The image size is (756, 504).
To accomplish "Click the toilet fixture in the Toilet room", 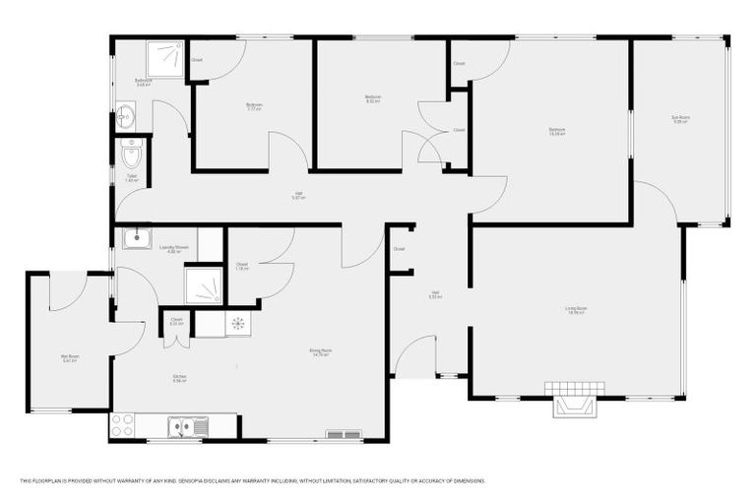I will (x=132, y=155).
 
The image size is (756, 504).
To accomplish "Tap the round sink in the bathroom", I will (x=125, y=117).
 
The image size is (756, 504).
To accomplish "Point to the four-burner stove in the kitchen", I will (x=122, y=425).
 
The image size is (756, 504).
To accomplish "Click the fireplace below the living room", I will (x=574, y=402).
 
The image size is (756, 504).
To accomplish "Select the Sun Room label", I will (x=680, y=119).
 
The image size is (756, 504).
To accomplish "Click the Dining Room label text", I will (x=320, y=351).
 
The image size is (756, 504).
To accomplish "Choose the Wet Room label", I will (x=68, y=360).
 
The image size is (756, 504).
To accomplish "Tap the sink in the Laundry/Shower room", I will (x=136, y=238).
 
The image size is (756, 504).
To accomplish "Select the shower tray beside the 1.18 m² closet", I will (x=203, y=285).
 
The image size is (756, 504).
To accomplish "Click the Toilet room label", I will (x=131, y=178).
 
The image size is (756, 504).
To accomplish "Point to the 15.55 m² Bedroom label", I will (x=557, y=131).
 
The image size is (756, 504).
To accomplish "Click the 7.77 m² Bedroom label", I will (x=254, y=106).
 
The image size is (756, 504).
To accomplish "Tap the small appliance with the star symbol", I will (x=237, y=322).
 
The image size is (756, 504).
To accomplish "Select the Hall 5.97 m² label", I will (x=298, y=195).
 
